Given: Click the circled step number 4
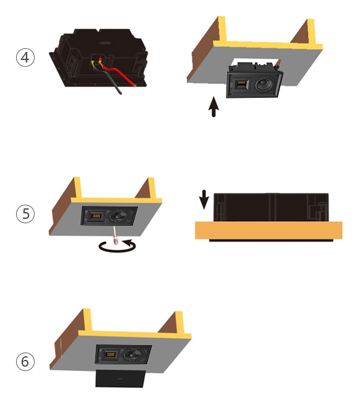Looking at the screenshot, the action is (25, 58).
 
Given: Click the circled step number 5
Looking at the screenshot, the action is (25, 213).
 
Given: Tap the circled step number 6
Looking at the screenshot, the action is (25, 361).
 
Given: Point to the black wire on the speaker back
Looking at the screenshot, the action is (107, 79).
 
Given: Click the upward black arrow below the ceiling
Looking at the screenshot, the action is (214, 107).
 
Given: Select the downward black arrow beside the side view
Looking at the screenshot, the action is (204, 200).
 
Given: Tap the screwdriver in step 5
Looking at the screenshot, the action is (115, 236).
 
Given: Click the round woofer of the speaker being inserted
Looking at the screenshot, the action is (265, 85).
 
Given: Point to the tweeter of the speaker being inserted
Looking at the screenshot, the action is (241, 85).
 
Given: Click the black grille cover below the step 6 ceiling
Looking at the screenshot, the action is (121, 378).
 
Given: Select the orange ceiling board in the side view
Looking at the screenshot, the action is (268, 230).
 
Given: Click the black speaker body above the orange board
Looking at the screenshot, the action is (271, 207).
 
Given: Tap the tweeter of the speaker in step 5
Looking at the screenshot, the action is (96, 216).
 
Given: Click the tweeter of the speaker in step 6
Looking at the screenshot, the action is (110, 354).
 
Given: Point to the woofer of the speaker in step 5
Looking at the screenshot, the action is (118, 216).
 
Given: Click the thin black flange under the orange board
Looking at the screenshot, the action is (271, 240).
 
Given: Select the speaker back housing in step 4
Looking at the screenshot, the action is (99, 58).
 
